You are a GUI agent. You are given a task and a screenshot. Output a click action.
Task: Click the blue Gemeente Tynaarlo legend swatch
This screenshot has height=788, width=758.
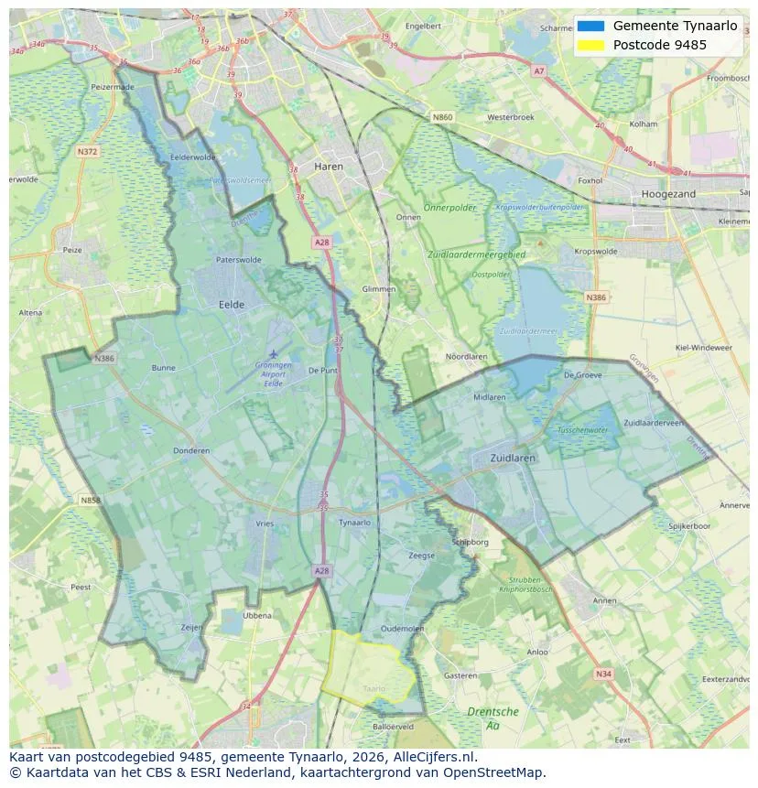(590, 27)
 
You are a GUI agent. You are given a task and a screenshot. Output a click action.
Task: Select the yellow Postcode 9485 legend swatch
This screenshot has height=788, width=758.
(590, 45)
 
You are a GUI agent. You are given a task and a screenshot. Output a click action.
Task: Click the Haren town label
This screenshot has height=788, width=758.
(329, 167)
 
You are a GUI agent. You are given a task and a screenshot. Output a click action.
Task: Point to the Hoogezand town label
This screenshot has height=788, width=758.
(668, 194)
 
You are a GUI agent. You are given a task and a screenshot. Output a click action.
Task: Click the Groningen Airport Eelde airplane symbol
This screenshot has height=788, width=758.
(273, 353)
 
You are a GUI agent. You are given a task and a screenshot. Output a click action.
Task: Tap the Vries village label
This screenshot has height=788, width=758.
(265, 524)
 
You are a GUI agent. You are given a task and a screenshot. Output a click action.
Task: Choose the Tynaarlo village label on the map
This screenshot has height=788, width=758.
(354, 523)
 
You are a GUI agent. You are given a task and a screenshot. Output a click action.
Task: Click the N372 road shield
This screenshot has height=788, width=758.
(87, 151)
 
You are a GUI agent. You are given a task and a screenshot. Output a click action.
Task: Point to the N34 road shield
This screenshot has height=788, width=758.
(602, 674)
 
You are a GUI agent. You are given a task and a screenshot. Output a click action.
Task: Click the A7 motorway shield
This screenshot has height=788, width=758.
(538, 70)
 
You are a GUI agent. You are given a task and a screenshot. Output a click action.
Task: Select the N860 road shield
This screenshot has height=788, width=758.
(442, 117)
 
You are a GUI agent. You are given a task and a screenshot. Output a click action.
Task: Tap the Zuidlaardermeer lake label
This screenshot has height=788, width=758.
(527, 330)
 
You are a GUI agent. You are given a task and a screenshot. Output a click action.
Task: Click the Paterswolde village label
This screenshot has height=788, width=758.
(238, 260)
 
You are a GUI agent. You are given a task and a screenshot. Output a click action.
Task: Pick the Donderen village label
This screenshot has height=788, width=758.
(191, 450)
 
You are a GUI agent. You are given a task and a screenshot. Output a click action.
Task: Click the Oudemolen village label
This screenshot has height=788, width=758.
(403, 628)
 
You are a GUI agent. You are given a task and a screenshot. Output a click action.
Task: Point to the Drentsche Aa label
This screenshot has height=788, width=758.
(493, 718)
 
